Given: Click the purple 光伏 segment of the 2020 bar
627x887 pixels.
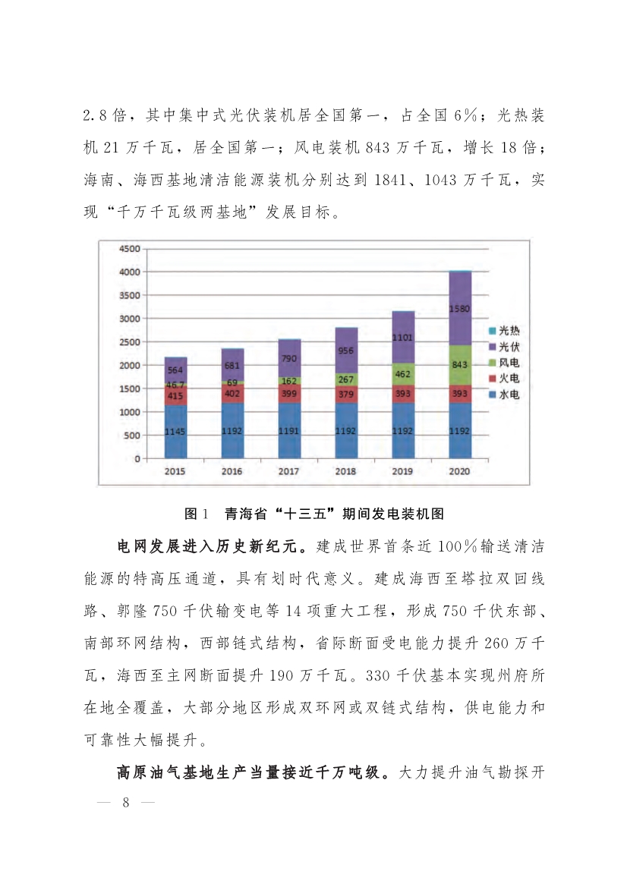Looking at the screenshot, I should [460, 309].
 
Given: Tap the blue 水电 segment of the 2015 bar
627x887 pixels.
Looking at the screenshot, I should [175, 431].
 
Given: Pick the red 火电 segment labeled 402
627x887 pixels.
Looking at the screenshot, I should [232, 393].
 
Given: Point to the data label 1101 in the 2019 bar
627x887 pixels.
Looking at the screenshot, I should [403, 337].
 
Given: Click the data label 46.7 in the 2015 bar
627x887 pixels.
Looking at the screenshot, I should [175, 385].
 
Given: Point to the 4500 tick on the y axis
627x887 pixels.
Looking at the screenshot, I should [129, 248].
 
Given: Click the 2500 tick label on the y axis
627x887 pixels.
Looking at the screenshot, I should [129, 342].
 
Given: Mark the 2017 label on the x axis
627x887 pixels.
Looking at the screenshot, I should [289, 471].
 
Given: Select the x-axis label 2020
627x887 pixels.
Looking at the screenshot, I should [460, 471].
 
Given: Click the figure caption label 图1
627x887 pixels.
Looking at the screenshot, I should [196, 514].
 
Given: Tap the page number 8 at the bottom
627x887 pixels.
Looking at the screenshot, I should [127, 804].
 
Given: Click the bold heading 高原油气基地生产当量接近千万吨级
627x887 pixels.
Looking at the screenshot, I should [254, 774].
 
